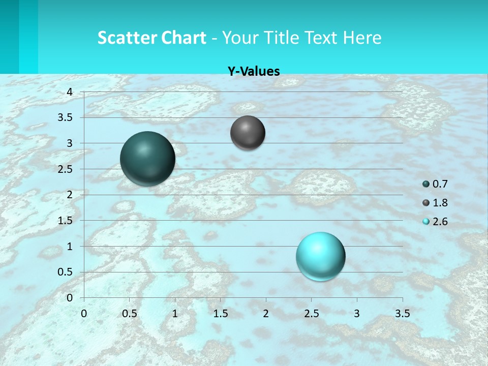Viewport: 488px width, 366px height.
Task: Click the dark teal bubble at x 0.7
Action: pyautogui.click(x=147, y=159)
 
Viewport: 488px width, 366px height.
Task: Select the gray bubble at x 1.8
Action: pyautogui.click(x=248, y=133)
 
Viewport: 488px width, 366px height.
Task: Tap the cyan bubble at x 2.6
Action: pyautogui.click(x=321, y=256)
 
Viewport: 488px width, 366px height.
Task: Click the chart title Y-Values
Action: pyautogui.click(x=254, y=71)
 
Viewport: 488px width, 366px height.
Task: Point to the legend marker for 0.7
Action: pyautogui.click(x=426, y=184)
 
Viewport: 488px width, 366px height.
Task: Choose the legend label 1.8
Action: pyautogui.click(x=440, y=203)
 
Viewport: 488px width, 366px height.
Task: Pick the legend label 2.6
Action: pyautogui.click(x=440, y=222)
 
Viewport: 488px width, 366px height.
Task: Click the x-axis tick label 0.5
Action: pyautogui.click(x=129, y=313)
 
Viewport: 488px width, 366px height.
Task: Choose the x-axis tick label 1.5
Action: pyautogui.click(x=220, y=313)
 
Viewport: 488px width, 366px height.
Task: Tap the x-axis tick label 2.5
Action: pyautogui.click(x=311, y=313)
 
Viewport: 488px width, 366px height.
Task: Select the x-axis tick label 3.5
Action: pyautogui.click(x=402, y=313)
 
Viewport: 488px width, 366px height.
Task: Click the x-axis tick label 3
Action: pyautogui.click(x=357, y=313)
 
